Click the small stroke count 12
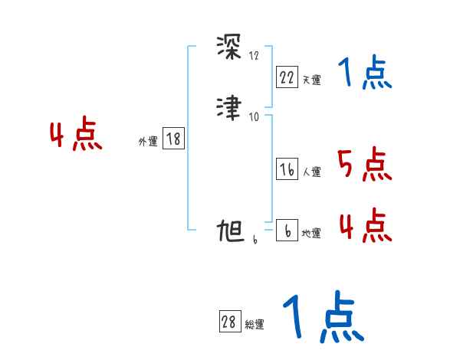(x=255, y=56)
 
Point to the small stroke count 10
(x=255, y=116)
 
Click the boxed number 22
(x=287, y=77)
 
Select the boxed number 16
(x=287, y=170)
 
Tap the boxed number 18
(x=173, y=139)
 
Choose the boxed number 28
(x=229, y=322)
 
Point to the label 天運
(x=311, y=79)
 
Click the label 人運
(x=311, y=172)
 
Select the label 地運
(x=311, y=234)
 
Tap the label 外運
(x=148, y=141)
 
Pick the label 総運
(x=254, y=325)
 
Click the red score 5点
(x=363, y=165)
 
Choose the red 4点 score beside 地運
(x=364, y=225)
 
